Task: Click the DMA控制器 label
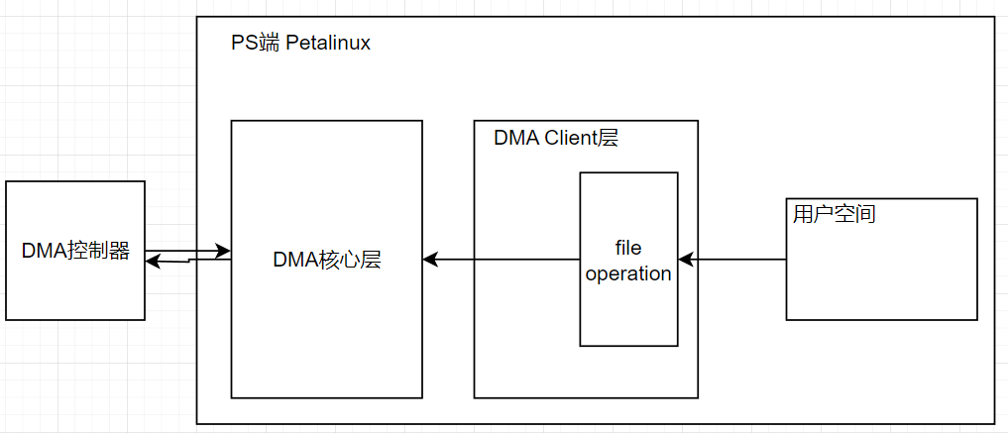75,251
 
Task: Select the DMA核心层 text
326,260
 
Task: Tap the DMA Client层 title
555,138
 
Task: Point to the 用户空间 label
834,213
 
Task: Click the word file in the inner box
628,246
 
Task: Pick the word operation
628,273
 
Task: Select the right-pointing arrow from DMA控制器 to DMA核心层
188,252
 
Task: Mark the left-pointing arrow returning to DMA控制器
178,262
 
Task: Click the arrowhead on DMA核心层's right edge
430,260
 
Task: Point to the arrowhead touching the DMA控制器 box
153,262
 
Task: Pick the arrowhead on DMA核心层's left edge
224,252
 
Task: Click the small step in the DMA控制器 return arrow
188,261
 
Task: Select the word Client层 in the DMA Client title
581,138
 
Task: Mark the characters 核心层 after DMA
350,260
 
